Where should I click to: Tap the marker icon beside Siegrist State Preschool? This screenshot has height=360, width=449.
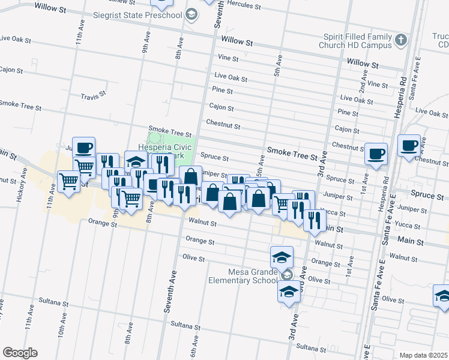(x=191, y=14)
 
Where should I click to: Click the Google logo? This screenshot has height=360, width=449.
(x=20, y=353)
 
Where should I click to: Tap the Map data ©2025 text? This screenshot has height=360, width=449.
(x=423, y=355)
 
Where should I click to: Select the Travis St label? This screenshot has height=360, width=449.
(x=93, y=95)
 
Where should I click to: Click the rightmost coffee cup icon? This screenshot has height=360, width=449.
(x=409, y=145)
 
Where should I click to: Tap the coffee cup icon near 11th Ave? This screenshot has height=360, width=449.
(x=84, y=147)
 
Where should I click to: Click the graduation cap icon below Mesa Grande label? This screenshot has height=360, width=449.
(x=289, y=292)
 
